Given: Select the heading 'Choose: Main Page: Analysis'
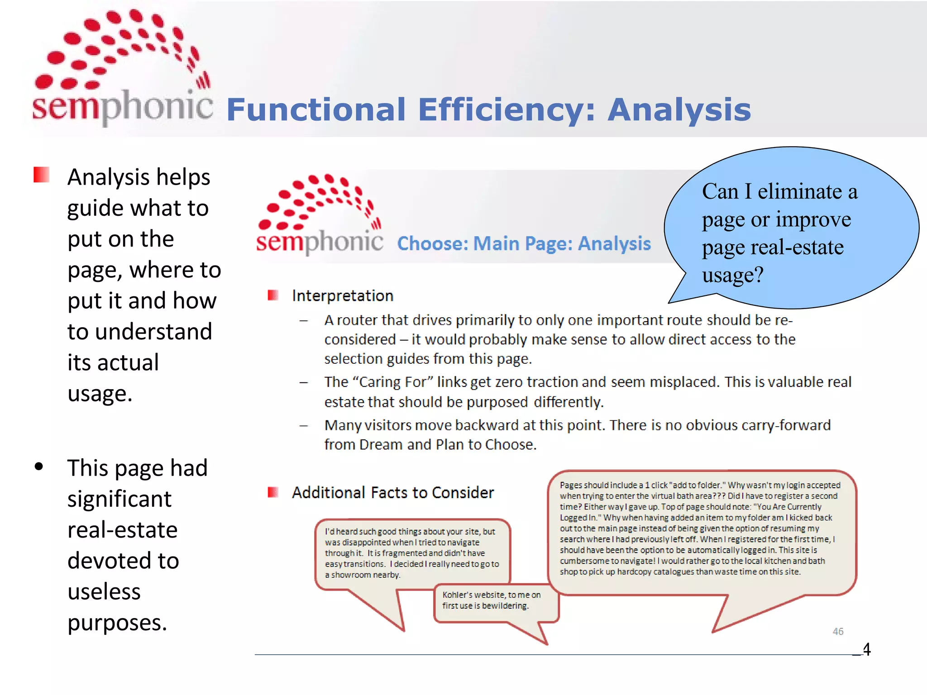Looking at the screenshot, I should coord(524,243).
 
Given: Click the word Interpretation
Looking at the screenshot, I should coord(343,295).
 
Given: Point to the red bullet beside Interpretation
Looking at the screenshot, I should coord(272,295).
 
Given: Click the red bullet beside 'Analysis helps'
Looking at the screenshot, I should coord(41,175).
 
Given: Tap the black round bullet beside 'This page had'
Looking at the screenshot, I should coord(39,467).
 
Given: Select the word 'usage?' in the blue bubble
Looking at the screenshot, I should coord(733,275).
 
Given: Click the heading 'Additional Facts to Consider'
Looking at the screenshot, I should coord(392,492).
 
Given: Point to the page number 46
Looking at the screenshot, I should coord(838,631).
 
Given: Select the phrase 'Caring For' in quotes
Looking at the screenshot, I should coord(393,382).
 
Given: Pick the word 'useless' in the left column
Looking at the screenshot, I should coord(104,591).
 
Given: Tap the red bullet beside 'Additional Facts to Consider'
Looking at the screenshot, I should coord(272,492).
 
